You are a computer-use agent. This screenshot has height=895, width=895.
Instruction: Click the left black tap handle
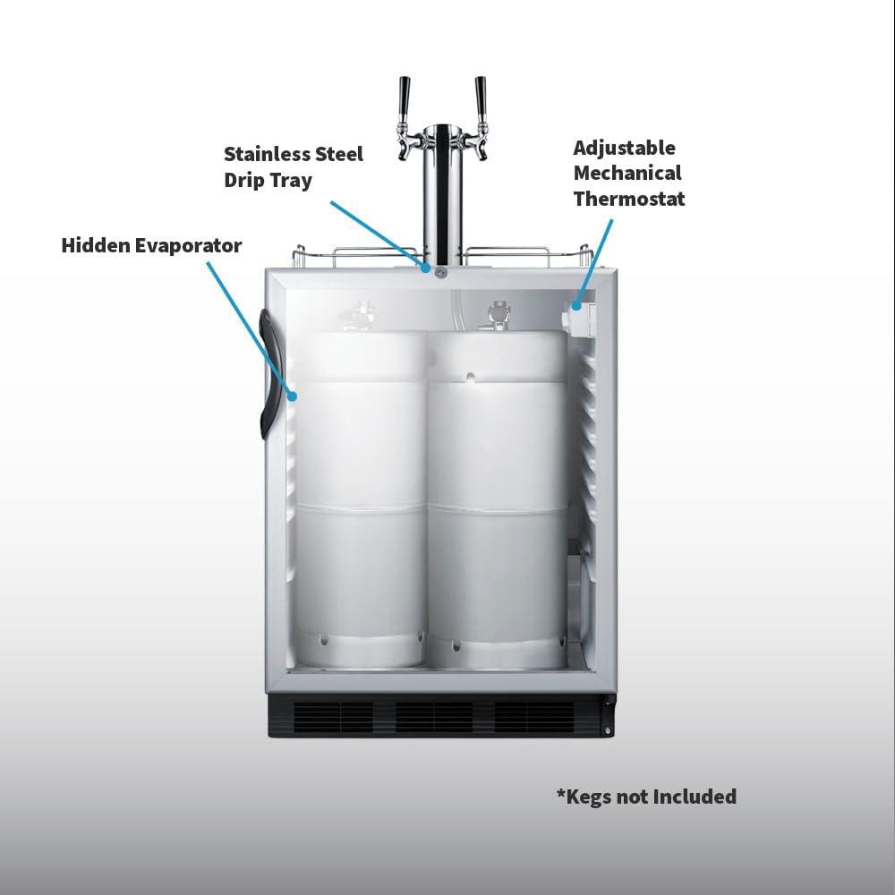coord(405,97)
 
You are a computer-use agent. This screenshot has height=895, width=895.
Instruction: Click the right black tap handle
coord(480,97)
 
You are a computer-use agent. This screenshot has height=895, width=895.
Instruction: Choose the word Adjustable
coord(625,149)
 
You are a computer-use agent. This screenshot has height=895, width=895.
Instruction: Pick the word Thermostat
coord(629,199)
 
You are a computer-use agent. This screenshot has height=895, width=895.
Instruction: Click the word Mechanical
coord(627,173)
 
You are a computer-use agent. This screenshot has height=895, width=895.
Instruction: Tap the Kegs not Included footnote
coord(647,797)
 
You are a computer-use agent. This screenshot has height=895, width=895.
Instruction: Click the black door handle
coord(267,374)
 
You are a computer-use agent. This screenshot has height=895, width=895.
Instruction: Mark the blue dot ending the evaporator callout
coord(293,396)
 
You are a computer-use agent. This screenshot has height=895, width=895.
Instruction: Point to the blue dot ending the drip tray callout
coord(426,267)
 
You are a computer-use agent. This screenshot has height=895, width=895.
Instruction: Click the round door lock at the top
coord(440,273)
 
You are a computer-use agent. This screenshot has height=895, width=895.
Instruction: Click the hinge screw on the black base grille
coord(608,730)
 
